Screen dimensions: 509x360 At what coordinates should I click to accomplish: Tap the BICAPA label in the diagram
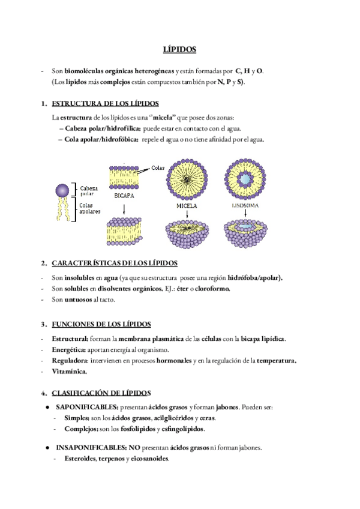(124, 196)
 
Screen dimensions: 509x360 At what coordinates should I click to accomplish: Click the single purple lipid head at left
(62, 190)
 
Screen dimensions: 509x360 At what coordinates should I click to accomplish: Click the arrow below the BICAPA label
(123, 209)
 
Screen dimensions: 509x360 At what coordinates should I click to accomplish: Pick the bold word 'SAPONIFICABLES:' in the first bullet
(85, 407)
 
